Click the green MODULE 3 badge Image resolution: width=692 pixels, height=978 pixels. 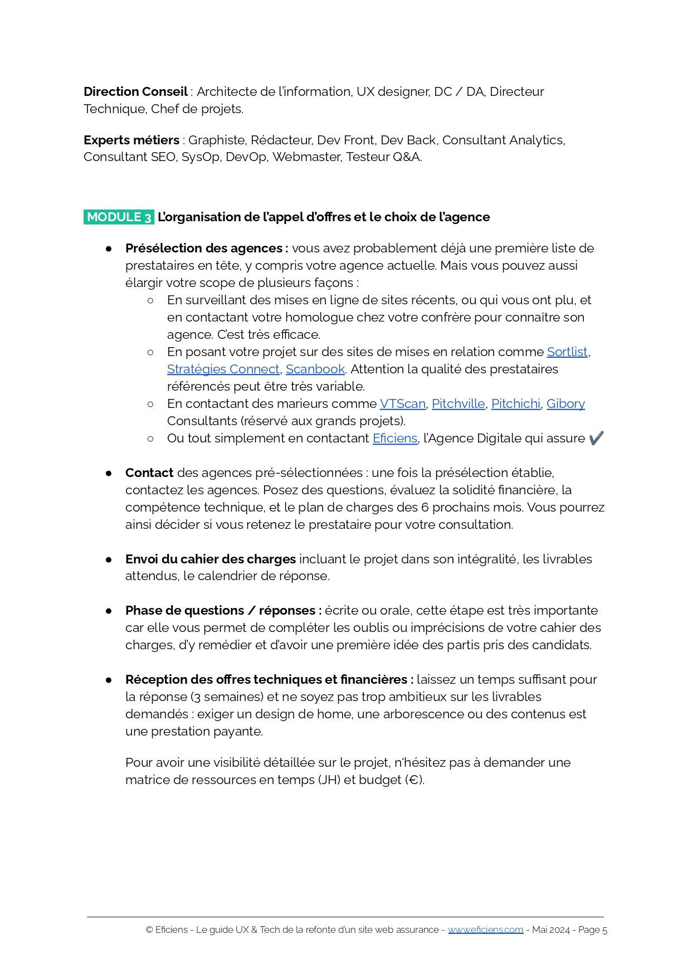[119, 217]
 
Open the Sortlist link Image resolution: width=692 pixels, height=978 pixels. [567, 352]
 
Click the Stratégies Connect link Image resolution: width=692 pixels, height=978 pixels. [223, 369]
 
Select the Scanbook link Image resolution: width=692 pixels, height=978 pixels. [315, 369]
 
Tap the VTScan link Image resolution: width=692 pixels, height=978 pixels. [402, 403]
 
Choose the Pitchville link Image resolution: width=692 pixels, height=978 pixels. [458, 403]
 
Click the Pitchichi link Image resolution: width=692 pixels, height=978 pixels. [515, 403]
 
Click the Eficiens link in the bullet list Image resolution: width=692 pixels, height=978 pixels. [394, 438]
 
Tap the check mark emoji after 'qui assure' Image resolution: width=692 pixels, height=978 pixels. [596, 438]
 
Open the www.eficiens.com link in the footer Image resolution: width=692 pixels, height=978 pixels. [485, 930]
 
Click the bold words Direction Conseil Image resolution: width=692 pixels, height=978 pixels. [135, 91]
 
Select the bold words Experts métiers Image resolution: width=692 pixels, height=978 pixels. [131, 140]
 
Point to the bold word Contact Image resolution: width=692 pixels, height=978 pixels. [149, 473]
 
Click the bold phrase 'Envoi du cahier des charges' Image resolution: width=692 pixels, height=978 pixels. [210, 559]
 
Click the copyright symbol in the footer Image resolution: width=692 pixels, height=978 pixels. [149, 930]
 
